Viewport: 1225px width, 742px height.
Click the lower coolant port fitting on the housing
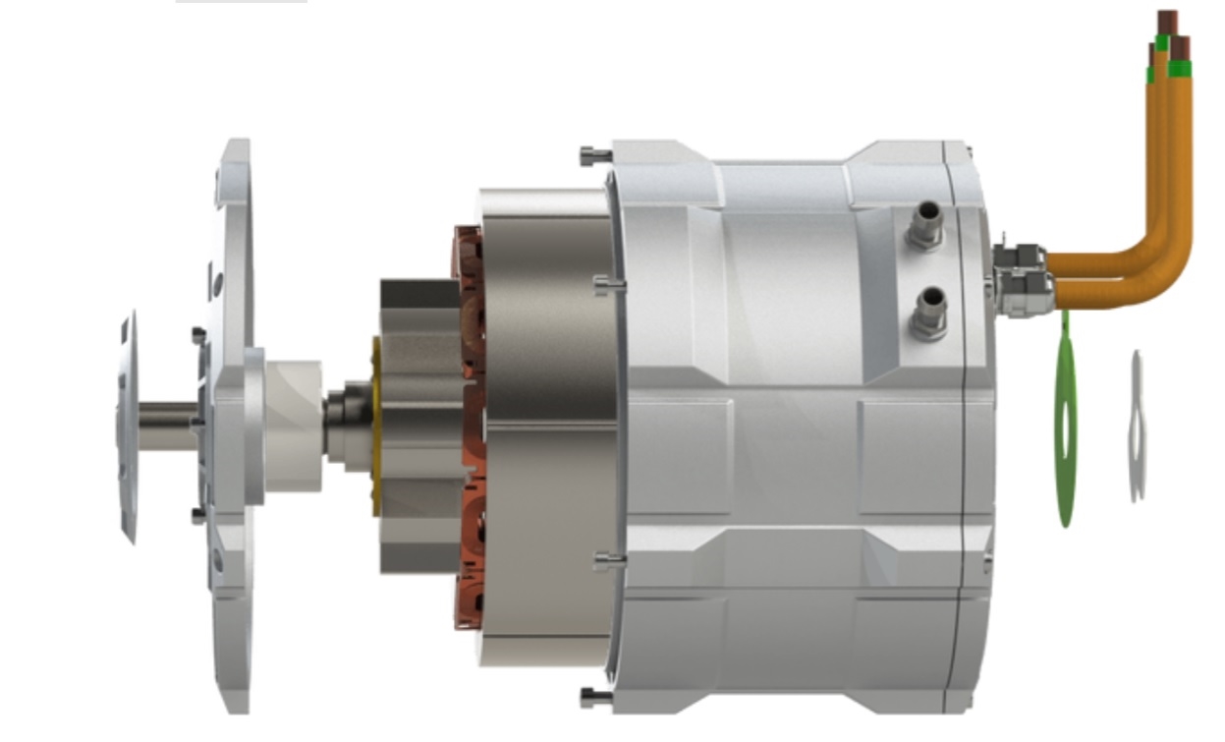point(926,315)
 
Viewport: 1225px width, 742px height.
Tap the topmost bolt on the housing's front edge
point(590,154)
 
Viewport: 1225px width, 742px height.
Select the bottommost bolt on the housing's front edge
point(593,698)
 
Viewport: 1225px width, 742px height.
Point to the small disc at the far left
point(127,428)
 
